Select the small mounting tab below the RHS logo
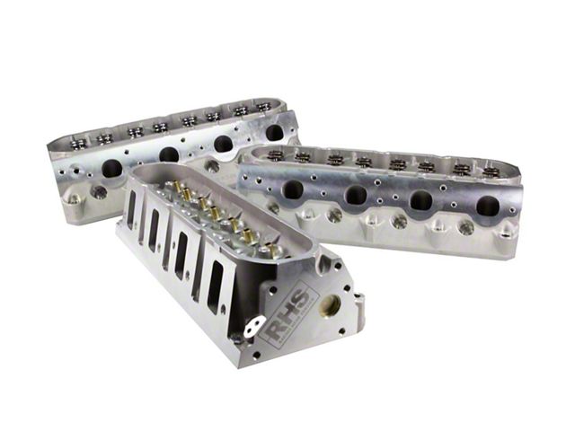[x=254, y=324]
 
